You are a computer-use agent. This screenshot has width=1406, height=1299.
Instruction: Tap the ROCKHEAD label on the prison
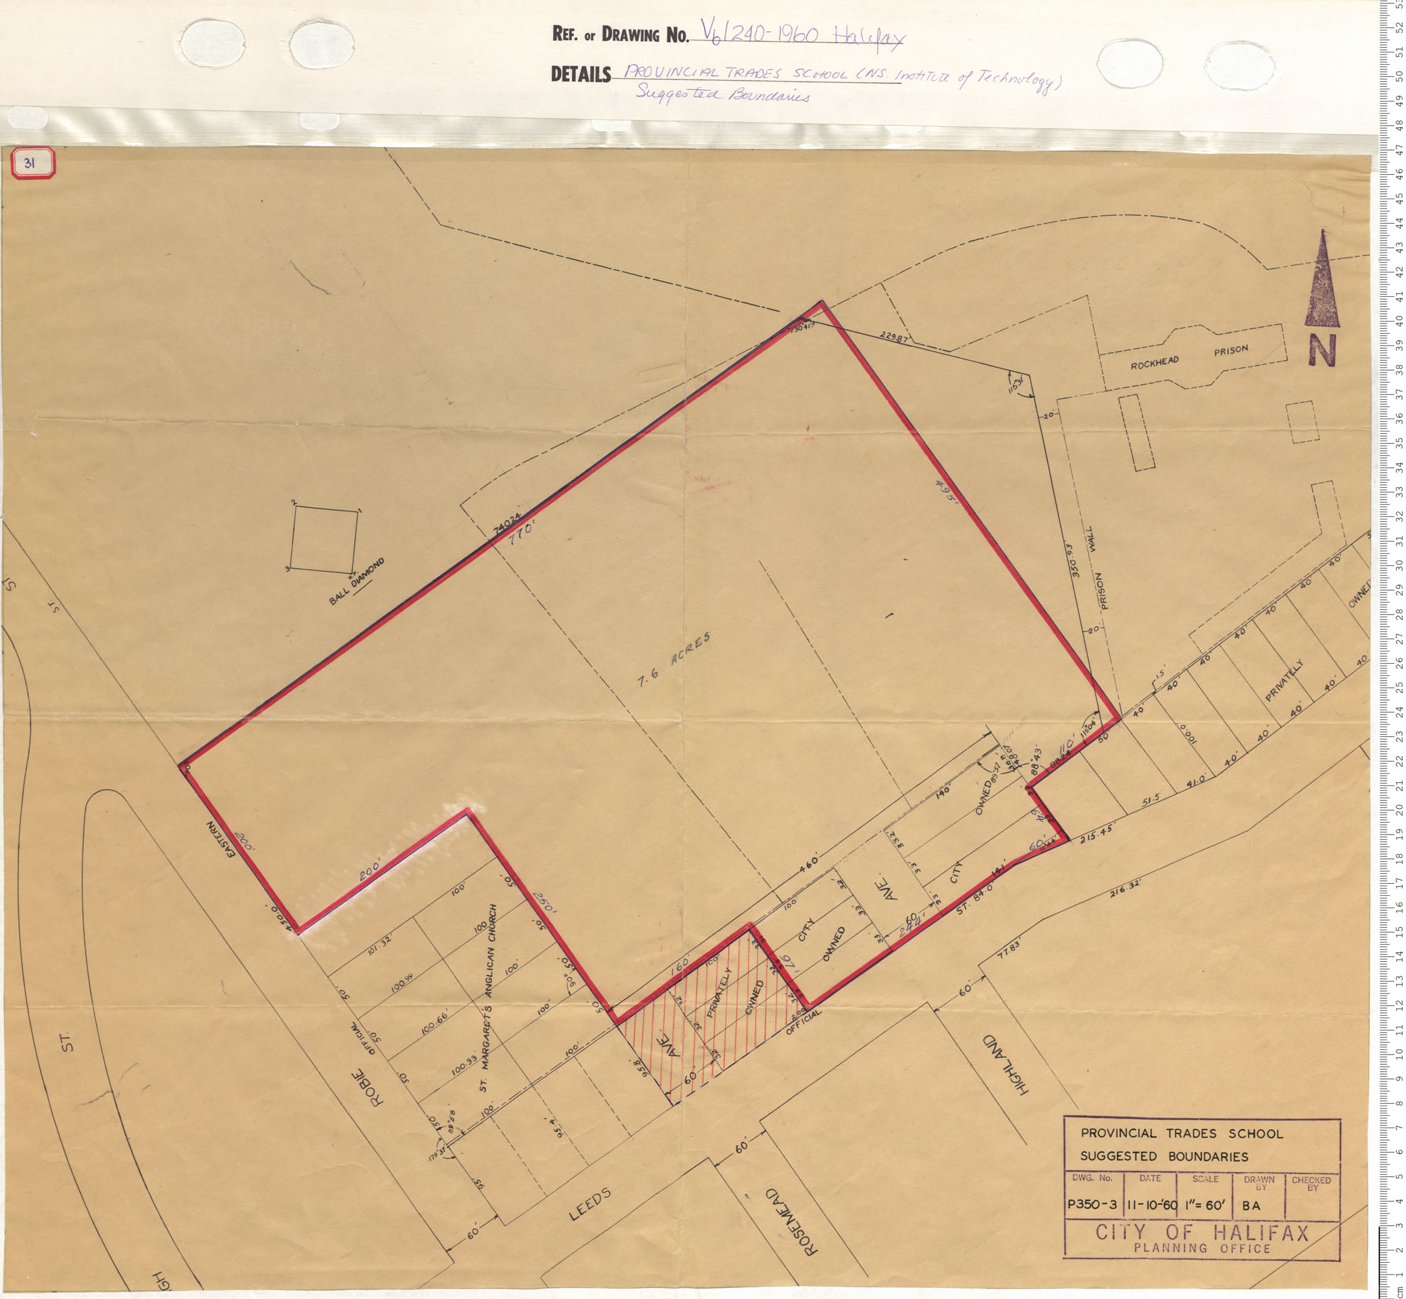(x=1154, y=363)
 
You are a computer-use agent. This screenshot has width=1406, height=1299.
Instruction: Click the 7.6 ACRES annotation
(x=674, y=659)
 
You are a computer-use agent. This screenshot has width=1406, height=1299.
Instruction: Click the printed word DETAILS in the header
(x=580, y=74)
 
